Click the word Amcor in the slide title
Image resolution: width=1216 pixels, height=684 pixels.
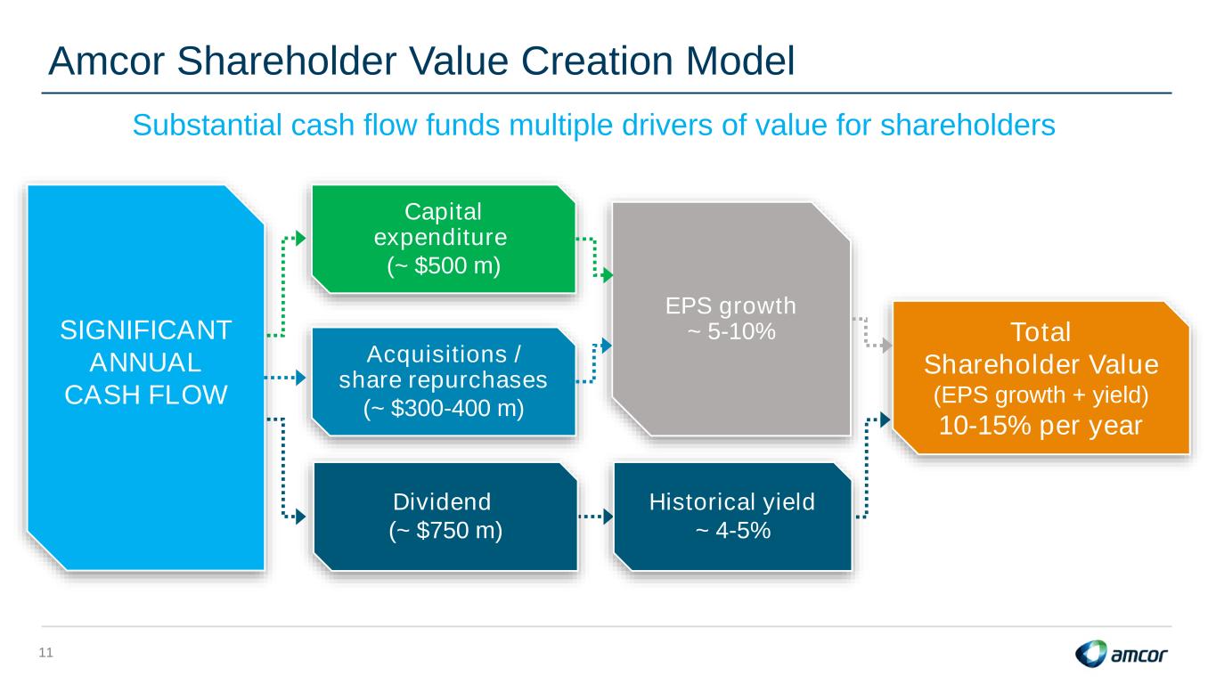pos(106,61)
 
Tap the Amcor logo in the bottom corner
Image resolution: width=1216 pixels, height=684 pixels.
pos(1121,654)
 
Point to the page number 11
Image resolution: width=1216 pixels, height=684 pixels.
pos(46,653)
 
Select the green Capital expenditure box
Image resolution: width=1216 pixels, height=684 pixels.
pos(444,239)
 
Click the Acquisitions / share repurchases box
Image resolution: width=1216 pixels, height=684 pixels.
pos(444,381)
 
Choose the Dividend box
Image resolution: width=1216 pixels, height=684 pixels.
pos(445,517)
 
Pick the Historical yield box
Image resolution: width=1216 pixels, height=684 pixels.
pos(732,517)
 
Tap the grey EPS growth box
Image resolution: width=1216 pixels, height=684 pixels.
pos(731,319)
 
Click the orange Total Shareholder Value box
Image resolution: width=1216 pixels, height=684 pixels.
pos(1041,378)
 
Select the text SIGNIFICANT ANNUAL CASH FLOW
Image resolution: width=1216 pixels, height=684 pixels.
pos(146,362)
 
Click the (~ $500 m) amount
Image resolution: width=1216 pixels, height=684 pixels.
pos(444,265)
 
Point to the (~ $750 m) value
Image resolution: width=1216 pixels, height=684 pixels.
pos(445,531)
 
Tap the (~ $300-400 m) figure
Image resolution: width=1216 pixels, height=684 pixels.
pos(444,408)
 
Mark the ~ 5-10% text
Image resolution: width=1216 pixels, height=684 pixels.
pos(731,331)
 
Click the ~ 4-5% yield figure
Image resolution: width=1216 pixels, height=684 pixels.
pos(733,531)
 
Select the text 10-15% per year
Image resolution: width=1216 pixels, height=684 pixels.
pos(1041,425)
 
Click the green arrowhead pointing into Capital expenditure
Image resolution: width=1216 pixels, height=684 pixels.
pos(300,239)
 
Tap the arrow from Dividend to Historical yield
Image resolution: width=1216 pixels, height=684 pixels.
pos(595,517)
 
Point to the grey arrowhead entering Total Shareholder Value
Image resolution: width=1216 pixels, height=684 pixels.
pos(886,346)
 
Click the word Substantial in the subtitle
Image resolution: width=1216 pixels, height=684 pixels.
pos(207,125)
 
